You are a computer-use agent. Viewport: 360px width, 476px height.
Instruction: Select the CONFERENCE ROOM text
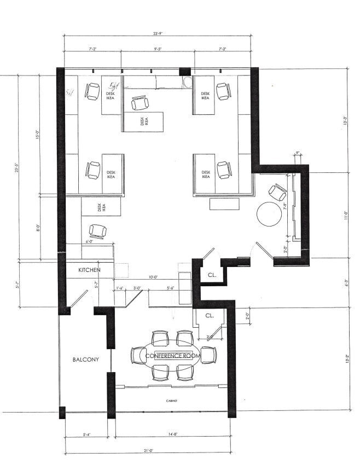point(173,355)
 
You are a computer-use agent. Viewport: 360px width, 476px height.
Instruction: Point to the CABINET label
point(171,401)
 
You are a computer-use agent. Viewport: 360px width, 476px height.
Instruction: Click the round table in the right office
point(269,214)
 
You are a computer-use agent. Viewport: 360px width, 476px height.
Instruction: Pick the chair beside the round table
point(277,193)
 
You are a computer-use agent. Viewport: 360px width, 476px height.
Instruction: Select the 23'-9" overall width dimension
point(158,33)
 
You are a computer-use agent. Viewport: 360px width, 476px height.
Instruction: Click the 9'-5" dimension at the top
point(159,49)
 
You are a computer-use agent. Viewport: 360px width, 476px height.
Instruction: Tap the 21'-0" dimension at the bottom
point(147,451)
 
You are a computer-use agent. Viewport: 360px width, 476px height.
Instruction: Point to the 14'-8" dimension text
point(171,435)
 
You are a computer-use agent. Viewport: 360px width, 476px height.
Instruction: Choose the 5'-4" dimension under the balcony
point(86,435)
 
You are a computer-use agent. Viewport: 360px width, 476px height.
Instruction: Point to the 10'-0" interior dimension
point(153,277)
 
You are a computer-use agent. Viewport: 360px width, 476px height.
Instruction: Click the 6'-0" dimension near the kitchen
point(90,241)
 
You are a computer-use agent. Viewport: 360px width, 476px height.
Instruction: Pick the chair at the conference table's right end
point(208,355)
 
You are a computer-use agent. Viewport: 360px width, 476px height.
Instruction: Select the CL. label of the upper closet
point(211,275)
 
